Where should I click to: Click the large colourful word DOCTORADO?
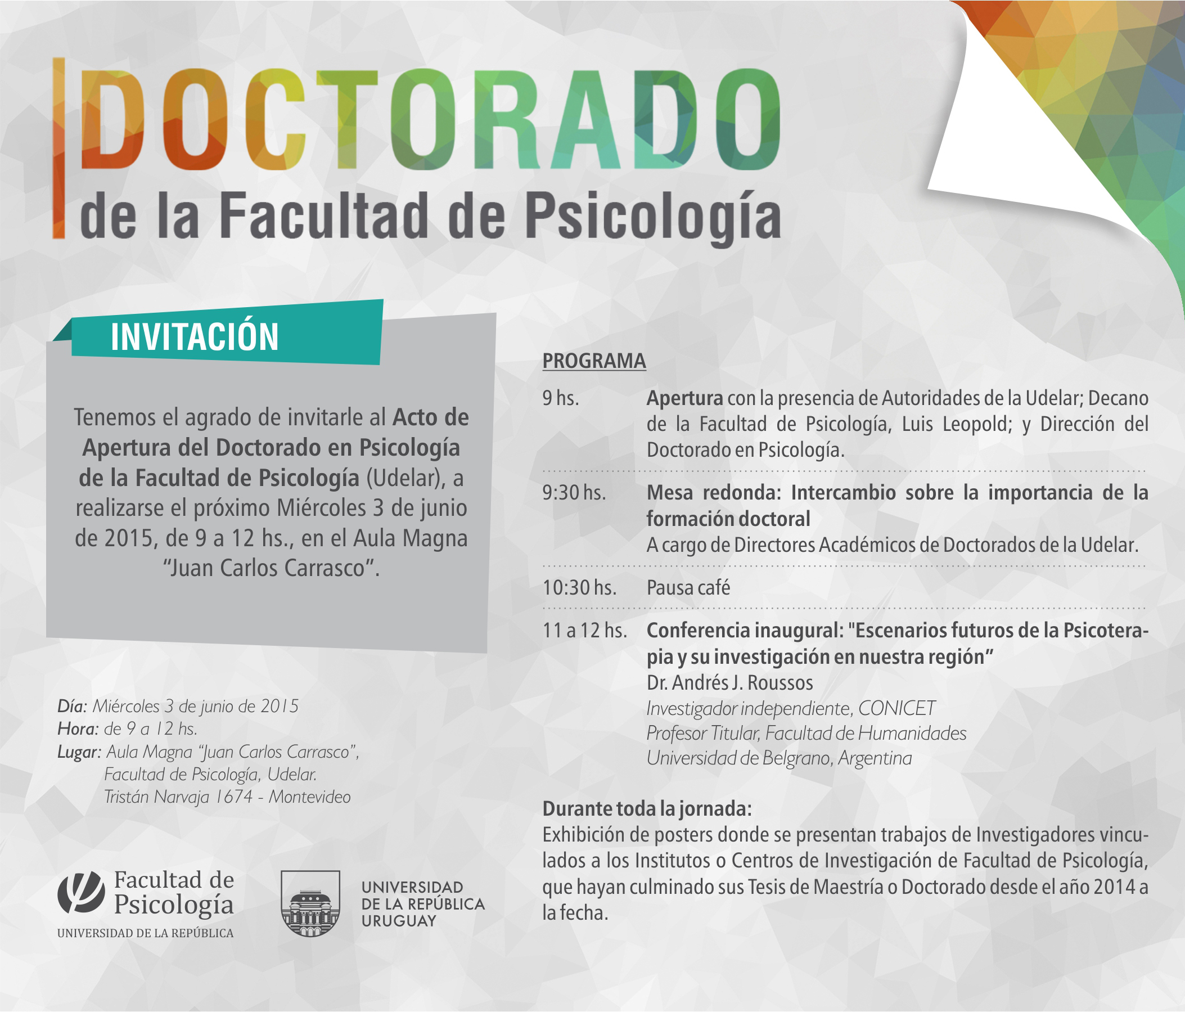[x=431, y=120]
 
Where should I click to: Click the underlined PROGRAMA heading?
[x=594, y=361]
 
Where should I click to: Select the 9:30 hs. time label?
[x=574, y=493]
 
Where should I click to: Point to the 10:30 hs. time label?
[x=579, y=587]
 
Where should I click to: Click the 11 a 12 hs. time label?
[x=584, y=631]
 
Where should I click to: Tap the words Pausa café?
[x=688, y=587]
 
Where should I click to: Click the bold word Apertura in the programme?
[x=684, y=399]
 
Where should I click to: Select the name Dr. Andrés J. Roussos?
[x=730, y=682]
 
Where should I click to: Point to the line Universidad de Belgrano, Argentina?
[x=779, y=758]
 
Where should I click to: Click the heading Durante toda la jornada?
[x=647, y=809]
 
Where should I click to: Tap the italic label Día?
[x=72, y=706]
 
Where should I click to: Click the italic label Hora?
[x=78, y=729]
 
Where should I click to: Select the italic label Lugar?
[x=79, y=752]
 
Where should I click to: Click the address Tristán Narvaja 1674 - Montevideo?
[x=228, y=797]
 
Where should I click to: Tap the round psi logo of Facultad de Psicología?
[x=81, y=892]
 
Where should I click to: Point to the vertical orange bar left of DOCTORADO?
[x=58, y=147]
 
